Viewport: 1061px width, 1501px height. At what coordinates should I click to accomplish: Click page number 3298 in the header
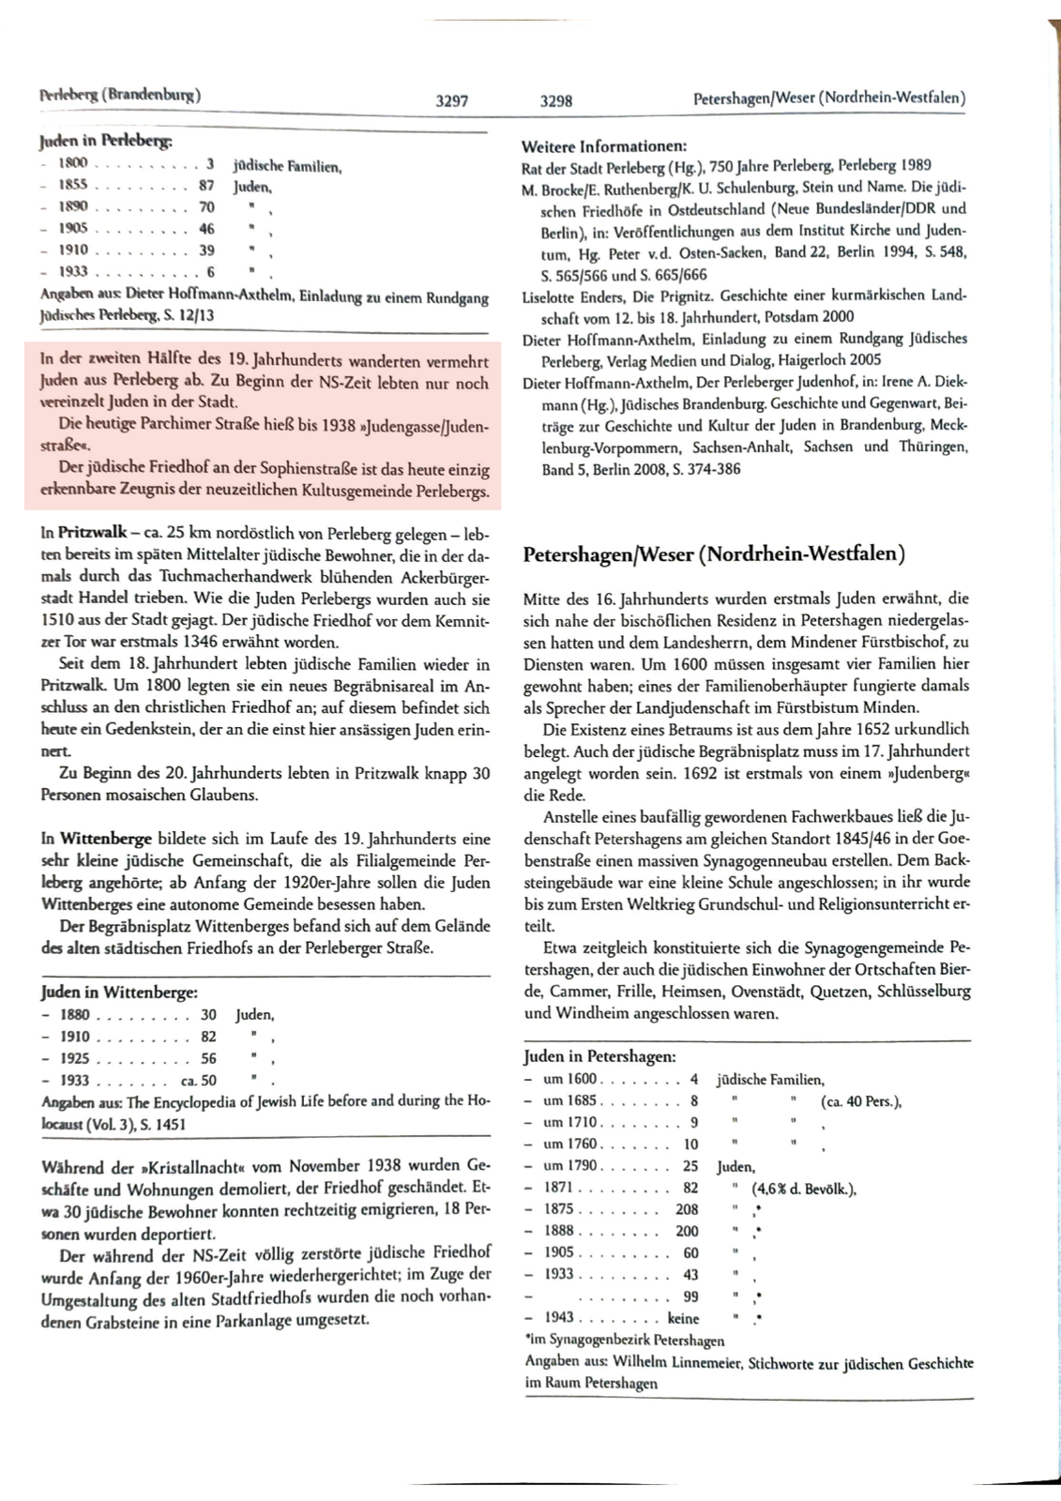point(556,101)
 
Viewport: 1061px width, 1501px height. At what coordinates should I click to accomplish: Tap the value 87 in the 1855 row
point(206,186)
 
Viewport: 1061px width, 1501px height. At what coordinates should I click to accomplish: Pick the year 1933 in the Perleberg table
point(73,271)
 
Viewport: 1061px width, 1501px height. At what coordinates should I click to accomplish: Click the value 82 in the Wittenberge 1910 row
point(208,1036)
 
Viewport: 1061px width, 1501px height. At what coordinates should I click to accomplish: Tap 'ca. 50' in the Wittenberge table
point(198,1081)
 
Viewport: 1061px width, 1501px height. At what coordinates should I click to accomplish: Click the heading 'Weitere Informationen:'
point(603,146)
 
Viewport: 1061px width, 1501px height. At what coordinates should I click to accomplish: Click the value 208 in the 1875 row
point(687,1209)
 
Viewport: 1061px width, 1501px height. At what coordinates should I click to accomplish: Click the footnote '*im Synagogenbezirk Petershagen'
point(624,1340)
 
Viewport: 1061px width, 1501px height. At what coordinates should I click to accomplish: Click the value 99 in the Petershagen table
point(690,1296)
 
